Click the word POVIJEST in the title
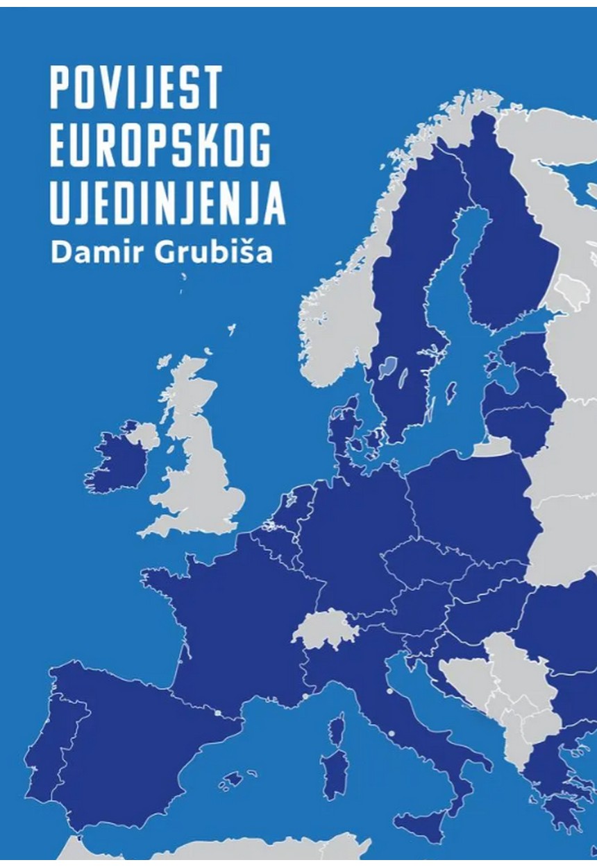point(135,88)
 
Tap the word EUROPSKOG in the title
point(160,146)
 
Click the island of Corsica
point(337,728)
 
